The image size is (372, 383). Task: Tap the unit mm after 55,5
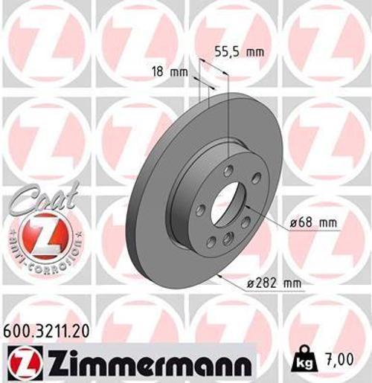pos(254,52)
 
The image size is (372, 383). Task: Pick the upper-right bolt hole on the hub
pos(256,178)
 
